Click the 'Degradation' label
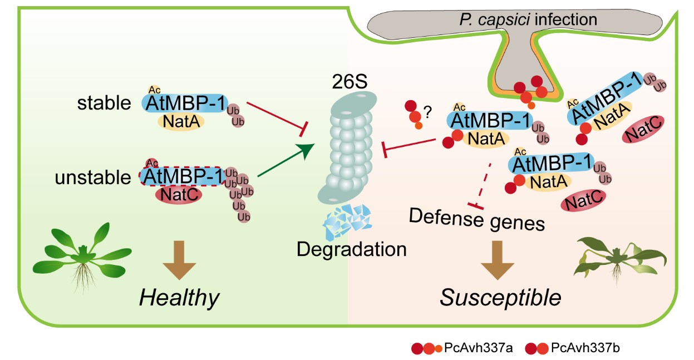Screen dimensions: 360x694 point(351,248)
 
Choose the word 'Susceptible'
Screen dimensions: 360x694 point(500,298)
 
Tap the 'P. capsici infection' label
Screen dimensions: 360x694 point(529,20)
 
